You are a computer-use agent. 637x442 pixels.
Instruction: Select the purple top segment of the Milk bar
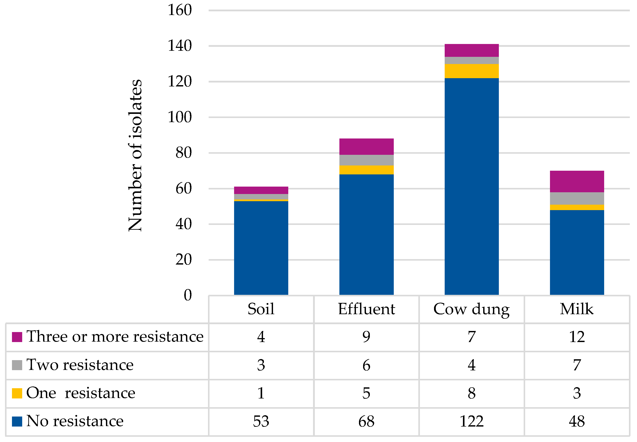coord(577,181)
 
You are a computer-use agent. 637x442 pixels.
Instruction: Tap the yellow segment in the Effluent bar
coord(366,170)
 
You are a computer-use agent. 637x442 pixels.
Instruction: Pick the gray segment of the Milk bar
coord(577,198)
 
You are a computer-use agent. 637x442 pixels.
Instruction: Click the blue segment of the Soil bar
coord(261,248)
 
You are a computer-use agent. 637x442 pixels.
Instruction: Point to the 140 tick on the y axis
coord(179,46)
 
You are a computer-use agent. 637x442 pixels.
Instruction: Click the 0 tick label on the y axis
coord(188,295)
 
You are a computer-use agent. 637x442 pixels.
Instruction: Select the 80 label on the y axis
coord(183,153)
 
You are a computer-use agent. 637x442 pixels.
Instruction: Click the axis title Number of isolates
coord(135,155)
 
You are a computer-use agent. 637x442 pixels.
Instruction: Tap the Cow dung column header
coord(471,309)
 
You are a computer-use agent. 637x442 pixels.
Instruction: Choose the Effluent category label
coord(366,309)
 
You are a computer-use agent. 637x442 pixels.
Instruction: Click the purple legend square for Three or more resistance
coord(17,337)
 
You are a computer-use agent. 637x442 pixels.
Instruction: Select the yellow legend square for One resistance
coord(17,393)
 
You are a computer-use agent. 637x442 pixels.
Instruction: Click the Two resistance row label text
coord(80,365)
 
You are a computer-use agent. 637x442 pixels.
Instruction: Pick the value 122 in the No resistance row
coord(471,422)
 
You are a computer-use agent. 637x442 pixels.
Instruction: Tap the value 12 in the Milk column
coord(577,337)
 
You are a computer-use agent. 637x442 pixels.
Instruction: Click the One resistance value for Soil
coord(261,393)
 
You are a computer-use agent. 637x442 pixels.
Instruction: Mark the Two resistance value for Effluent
coord(366,365)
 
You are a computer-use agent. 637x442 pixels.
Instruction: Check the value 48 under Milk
coord(577,422)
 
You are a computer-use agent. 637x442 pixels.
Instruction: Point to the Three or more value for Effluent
coord(366,337)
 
